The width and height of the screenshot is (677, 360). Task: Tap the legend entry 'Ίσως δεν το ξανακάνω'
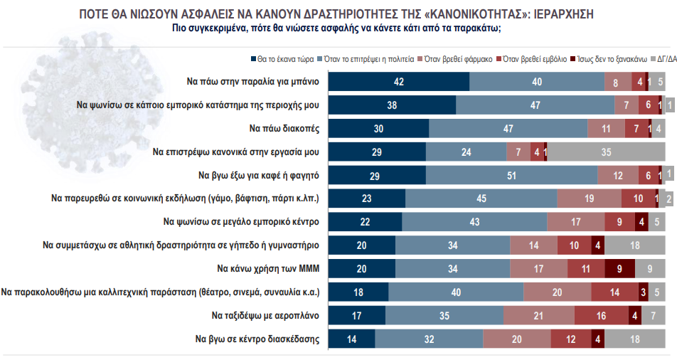(x=616, y=60)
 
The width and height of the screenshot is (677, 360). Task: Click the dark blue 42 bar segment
(x=398, y=82)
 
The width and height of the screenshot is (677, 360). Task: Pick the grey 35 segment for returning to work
(x=607, y=152)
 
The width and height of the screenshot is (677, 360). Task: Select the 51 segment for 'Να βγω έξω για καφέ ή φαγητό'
(x=511, y=175)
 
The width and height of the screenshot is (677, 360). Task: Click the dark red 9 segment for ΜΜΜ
(x=619, y=269)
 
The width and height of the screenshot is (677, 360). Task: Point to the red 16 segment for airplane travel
(x=601, y=315)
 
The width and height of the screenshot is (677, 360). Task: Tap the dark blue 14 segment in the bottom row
(x=351, y=339)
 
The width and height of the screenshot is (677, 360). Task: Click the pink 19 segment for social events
(x=590, y=198)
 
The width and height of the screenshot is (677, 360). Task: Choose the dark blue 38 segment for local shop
(x=392, y=105)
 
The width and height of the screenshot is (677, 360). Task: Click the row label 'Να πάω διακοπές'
(x=284, y=129)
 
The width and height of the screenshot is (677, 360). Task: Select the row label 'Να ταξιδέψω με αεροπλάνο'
(x=265, y=315)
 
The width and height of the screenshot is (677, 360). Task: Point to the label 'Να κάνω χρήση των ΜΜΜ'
(x=267, y=269)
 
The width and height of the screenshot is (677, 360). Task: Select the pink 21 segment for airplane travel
(x=538, y=315)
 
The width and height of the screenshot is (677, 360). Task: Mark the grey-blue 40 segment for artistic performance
(x=456, y=292)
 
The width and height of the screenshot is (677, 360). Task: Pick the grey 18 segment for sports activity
(x=635, y=245)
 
